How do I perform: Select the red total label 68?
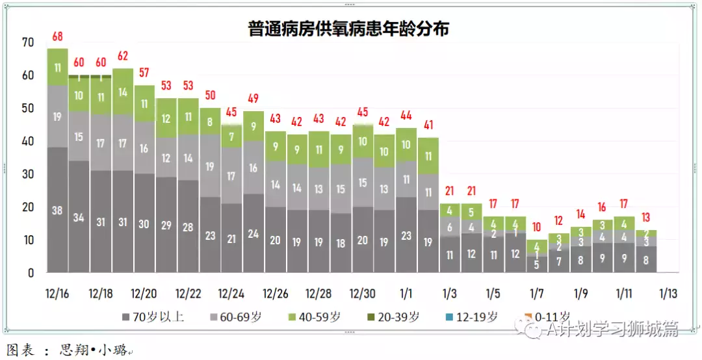[57, 36]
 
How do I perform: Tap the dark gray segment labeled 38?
[57, 210]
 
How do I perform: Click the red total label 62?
[123, 56]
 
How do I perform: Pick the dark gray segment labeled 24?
[253, 233]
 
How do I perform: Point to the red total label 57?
[144, 72]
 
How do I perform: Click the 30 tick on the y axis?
[27, 174]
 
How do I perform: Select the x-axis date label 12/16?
[57, 294]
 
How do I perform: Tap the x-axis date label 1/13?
[668, 294]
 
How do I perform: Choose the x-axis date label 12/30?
[362, 294]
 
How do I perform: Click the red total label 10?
[537, 227]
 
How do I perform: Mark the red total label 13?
[646, 217]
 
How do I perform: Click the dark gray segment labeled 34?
[79, 217]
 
